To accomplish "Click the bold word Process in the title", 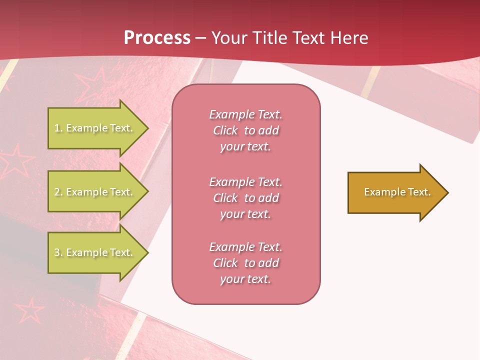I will point(157,38).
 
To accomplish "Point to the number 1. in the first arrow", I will point(58,128).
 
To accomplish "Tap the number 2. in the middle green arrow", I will point(58,192).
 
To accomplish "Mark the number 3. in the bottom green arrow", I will point(58,252).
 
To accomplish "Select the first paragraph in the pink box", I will point(245,130).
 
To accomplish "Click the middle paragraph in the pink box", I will point(245,198).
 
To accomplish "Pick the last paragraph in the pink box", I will point(245,263).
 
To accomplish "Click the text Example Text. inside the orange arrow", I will point(397,192).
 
